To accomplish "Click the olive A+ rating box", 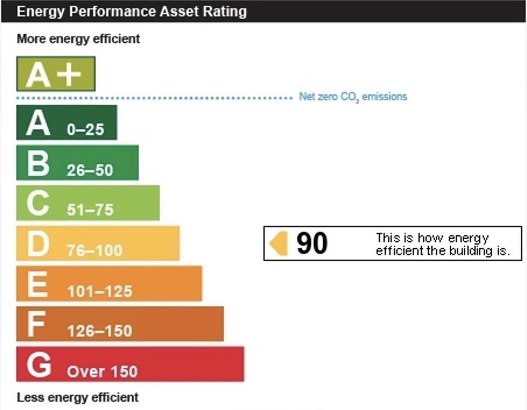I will [x=55, y=74].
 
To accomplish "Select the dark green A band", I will [x=66, y=122].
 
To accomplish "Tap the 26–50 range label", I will [x=90, y=171].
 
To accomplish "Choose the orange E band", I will [x=109, y=284].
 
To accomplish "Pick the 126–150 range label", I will [x=99, y=331].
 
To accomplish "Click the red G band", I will [x=130, y=364].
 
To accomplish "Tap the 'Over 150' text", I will [x=102, y=372].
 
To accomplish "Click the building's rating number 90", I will [x=312, y=243].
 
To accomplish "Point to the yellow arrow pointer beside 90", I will [x=279, y=243].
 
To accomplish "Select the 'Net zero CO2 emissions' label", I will [x=353, y=97].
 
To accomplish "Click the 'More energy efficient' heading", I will [x=78, y=39].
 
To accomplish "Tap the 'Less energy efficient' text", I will [x=78, y=398].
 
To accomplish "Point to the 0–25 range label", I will [x=85, y=130].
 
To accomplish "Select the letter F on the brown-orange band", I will [x=36, y=324].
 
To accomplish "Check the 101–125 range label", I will [x=99, y=291].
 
